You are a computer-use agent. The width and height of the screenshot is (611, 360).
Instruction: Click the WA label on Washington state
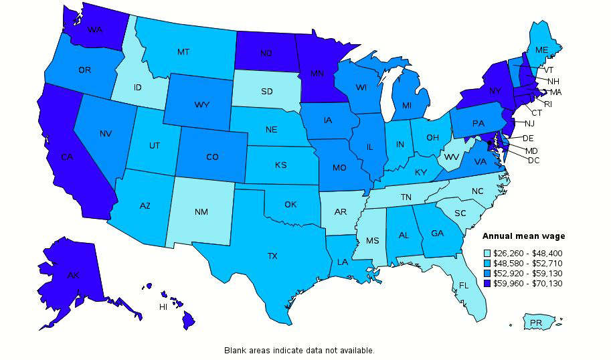click(94, 31)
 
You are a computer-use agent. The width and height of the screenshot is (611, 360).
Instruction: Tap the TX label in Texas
click(273, 256)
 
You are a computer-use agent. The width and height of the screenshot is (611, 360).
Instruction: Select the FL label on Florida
click(463, 284)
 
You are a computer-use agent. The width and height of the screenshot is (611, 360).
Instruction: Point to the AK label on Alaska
click(74, 275)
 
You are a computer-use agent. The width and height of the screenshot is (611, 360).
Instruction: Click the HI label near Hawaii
click(163, 307)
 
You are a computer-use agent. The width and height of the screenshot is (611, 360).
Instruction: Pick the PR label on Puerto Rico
click(535, 323)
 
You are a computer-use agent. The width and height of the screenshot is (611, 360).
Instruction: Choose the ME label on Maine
click(542, 50)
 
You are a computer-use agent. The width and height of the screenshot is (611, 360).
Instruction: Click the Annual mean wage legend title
click(523, 236)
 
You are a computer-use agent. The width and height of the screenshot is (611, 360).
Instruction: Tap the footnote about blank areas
click(299, 350)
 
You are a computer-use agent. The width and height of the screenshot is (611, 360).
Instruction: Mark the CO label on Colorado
click(212, 157)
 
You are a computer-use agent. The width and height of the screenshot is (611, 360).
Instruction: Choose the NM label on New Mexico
click(201, 212)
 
